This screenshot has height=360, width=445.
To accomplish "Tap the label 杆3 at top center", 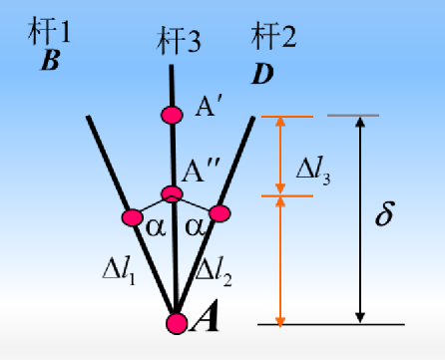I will [x=180, y=43].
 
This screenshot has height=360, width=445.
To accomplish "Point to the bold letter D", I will [x=262, y=73].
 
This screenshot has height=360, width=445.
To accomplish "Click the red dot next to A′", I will [x=173, y=115].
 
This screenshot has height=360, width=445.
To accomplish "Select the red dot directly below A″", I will [x=173, y=193].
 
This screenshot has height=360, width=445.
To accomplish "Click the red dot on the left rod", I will [x=132, y=217].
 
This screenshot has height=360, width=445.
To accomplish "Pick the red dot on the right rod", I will [x=220, y=212].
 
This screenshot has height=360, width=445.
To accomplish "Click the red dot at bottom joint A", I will [x=176, y=322].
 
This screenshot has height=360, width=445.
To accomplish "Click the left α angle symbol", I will [x=155, y=227].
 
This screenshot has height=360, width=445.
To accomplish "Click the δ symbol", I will [x=383, y=216].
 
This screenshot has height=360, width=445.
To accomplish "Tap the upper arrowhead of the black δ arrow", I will [x=359, y=123].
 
